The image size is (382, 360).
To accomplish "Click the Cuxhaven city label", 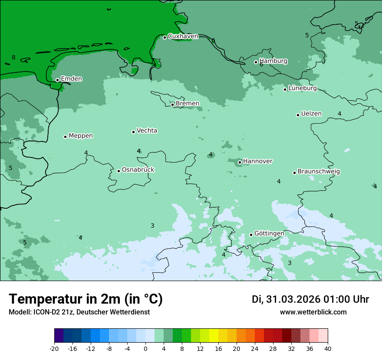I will [183, 36].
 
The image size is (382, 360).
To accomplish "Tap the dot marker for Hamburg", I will [256, 62].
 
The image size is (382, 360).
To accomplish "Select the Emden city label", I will [71, 79].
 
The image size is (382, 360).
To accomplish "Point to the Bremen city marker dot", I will [172, 105].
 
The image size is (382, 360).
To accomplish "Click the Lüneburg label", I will [302, 88].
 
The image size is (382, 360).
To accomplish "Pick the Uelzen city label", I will [311, 114].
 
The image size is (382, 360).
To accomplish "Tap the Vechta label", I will [147, 131].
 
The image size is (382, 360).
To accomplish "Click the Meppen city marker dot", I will [66, 137].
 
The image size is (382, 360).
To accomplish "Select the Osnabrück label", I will [138, 170].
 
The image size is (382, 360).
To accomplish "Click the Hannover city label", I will [257, 161].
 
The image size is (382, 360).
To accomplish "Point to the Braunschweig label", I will [319, 171].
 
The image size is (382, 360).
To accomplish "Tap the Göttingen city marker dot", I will [251, 235].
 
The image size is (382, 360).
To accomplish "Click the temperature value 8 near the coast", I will [13, 57].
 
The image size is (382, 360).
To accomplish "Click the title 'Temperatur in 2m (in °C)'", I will [86, 299].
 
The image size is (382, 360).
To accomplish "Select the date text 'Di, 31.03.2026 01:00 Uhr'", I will [310, 299].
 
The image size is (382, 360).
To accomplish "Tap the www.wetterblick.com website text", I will [313, 312].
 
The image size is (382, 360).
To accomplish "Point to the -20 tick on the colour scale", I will [54, 348].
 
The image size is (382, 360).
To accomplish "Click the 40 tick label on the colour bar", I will [328, 348].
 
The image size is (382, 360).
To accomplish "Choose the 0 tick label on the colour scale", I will [145, 348].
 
